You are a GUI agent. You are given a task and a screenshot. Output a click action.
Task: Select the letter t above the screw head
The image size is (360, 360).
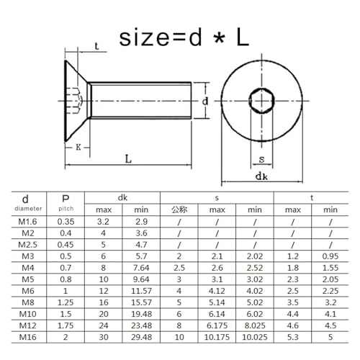tap(97, 48)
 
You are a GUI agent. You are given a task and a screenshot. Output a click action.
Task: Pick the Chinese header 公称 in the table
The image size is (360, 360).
tap(179, 210)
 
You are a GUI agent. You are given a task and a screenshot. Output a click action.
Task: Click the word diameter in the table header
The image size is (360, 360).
tap(26, 210)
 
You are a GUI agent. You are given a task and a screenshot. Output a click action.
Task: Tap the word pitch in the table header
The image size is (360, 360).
tap(66, 210)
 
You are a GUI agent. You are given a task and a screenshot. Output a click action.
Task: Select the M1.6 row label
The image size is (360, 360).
tap(26, 223)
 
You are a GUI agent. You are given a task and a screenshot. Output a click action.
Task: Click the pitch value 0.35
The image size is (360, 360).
tap(66, 223)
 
